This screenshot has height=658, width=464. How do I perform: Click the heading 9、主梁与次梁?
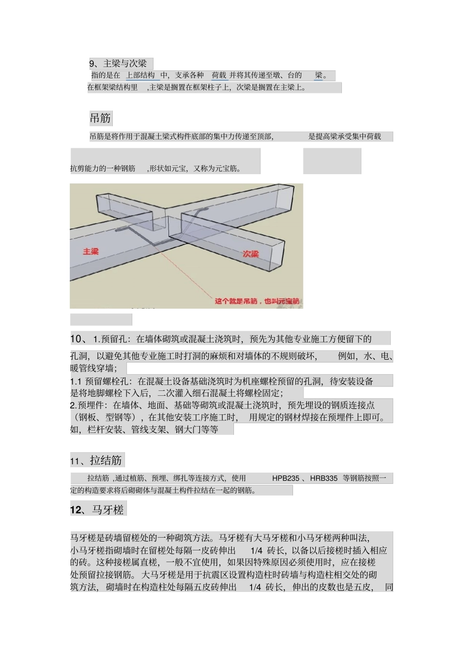[118, 64]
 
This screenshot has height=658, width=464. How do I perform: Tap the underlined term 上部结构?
[140, 75]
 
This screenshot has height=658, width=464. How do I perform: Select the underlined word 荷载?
[219, 75]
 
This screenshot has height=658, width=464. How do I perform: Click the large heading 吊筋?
[100, 118]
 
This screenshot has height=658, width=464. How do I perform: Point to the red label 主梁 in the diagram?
[91, 251]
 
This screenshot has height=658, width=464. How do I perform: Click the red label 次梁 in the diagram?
[251, 253]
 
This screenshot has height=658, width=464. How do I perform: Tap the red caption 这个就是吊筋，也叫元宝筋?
[257, 301]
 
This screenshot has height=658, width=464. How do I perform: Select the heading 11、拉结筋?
[96, 460]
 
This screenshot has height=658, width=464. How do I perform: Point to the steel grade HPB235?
[286, 478]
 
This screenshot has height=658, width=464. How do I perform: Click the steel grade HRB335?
[324, 478]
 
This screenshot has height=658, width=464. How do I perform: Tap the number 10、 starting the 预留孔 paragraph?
[79, 339]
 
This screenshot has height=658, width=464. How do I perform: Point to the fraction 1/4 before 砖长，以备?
[256, 550]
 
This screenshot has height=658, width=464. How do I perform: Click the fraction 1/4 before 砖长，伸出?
[255, 587]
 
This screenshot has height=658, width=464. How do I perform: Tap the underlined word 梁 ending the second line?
[319, 75]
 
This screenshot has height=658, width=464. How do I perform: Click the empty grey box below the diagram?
[101, 319]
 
